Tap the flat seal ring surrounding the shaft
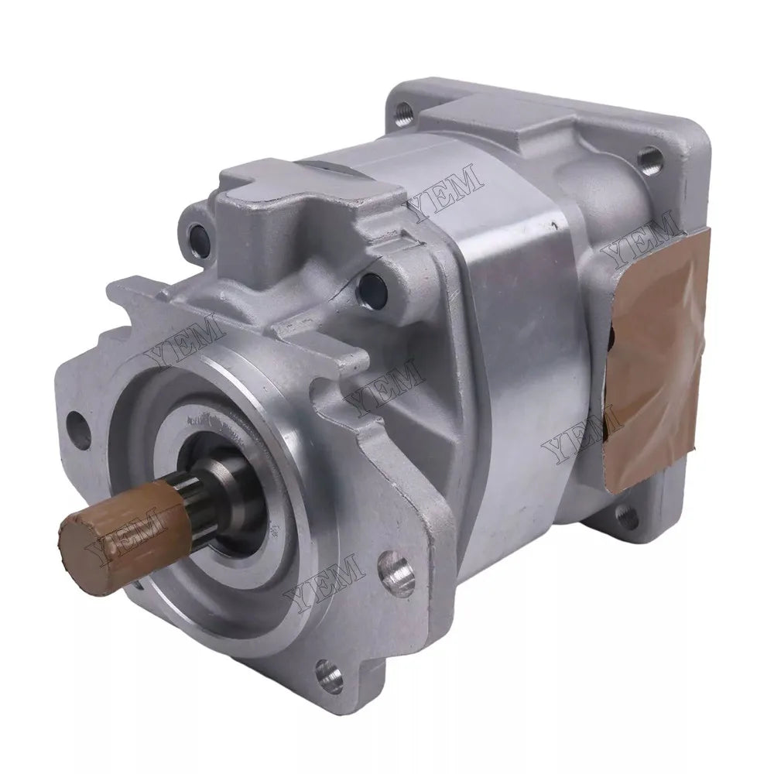click(x=209, y=433)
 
